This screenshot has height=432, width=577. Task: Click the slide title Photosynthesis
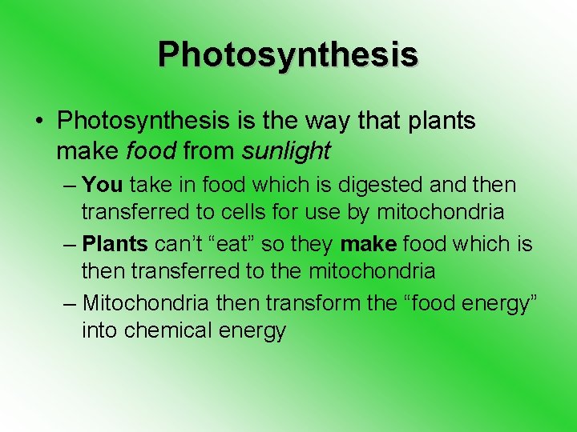coord(288,54)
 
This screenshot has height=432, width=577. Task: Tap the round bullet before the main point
coord(38,122)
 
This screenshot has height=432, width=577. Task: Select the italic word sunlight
coord(286,150)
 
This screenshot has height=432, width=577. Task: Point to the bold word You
coord(102,185)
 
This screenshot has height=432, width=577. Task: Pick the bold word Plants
coord(115,242)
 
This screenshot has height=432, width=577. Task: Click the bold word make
coord(369,242)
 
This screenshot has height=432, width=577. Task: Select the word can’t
coord(181,242)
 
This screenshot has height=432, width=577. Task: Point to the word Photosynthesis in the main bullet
coord(142,122)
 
